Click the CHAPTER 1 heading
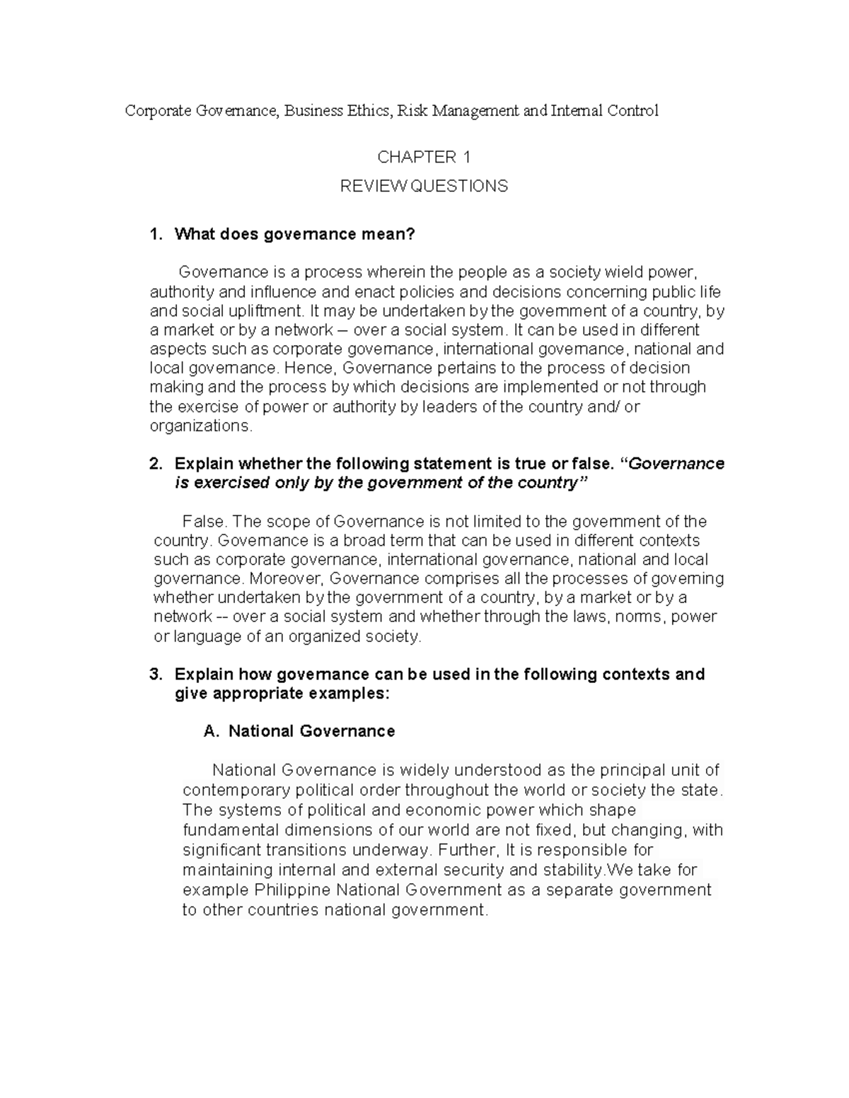pyautogui.click(x=424, y=157)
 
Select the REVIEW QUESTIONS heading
pyautogui.click(x=424, y=187)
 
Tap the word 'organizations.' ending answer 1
pyautogui.click(x=200, y=426)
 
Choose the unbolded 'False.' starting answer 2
pyautogui.click(x=204, y=522)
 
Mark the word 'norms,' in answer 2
pyautogui.click(x=640, y=617)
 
